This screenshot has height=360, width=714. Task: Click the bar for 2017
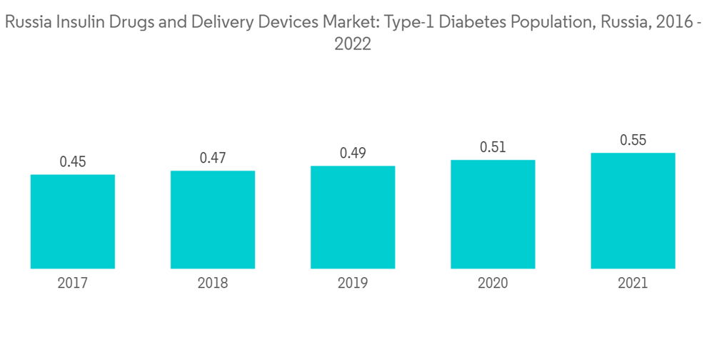tap(73, 221)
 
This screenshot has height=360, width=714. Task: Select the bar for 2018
tap(213, 220)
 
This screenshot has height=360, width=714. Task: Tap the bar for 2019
tap(353, 217)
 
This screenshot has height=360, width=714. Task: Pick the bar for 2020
tap(493, 214)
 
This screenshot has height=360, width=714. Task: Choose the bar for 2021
tap(633, 211)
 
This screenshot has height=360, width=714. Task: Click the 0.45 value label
tap(73, 162)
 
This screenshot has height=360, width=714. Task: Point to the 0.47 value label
tap(213, 159)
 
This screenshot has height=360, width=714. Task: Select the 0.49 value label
tap(353, 154)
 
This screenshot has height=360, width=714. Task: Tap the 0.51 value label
tap(493, 148)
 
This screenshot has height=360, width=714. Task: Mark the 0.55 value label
tap(633, 141)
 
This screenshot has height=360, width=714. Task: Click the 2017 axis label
tap(73, 284)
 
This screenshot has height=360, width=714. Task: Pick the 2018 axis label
tap(213, 284)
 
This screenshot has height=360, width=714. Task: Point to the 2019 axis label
tap(353, 284)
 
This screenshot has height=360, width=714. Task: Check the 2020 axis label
tap(493, 284)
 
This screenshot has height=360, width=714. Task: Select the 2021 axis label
tap(633, 284)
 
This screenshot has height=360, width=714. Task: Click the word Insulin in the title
tap(74, 23)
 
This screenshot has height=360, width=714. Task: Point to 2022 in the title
tap(353, 44)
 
